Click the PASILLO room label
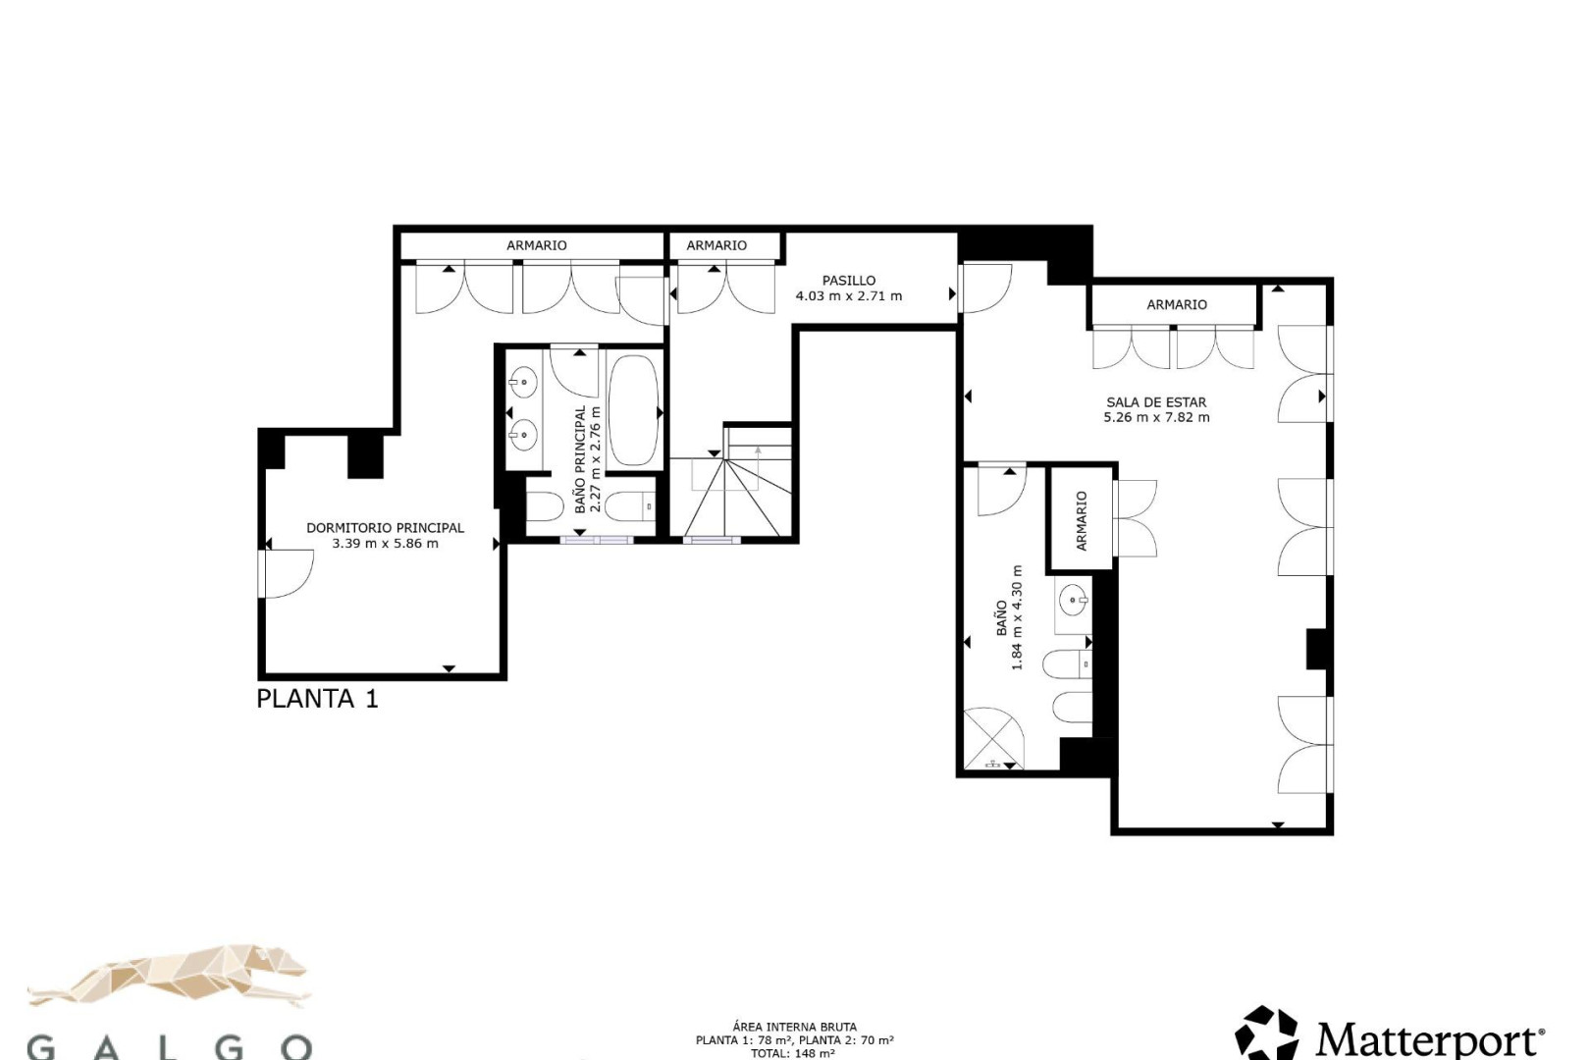[x=848, y=281]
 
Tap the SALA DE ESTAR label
[x=1156, y=402]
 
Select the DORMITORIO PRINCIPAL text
[x=385, y=527]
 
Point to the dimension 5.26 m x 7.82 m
[x=1156, y=417]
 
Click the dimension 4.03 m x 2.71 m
[x=848, y=296]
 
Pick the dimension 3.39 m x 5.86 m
[x=385, y=543]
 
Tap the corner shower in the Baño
[x=993, y=738]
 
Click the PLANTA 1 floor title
[x=317, y=699]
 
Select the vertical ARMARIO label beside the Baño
[x=1081, y=520]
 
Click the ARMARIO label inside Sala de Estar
[x=1176, y=304]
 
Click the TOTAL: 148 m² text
[x=794, y=1053]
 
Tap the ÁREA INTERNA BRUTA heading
[x=794, y=1027]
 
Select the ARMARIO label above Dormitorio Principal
[x=536, y=245]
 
